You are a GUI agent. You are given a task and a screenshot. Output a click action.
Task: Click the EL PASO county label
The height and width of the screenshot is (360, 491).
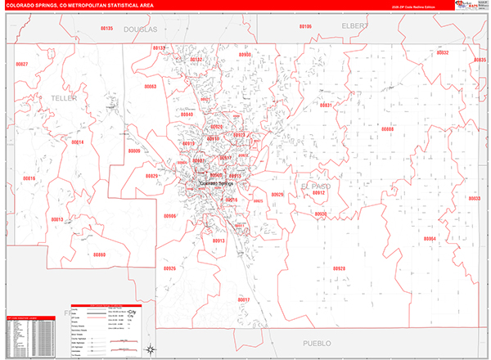click(314, 186)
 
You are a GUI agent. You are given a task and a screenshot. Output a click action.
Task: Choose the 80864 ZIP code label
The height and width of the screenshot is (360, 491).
click(430, 238)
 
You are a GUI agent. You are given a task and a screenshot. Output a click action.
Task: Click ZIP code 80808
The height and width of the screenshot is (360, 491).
click(387, 129)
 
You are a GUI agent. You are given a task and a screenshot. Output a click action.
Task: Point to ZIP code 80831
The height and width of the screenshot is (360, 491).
click(326, 106)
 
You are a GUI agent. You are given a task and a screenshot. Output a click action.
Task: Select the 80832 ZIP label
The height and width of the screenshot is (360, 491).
click(443, 52)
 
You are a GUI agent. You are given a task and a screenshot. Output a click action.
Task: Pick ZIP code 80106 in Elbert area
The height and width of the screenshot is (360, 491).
click(305, 27)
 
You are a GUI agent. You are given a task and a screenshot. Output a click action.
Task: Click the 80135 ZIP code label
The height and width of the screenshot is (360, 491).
click(106, 28)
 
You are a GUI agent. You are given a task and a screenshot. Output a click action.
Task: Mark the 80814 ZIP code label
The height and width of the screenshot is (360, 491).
click(78, 142)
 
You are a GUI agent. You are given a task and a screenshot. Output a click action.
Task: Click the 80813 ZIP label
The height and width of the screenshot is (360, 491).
click(56, 219)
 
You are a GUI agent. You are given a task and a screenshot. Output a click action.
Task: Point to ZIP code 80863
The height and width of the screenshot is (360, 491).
click(150, 86)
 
